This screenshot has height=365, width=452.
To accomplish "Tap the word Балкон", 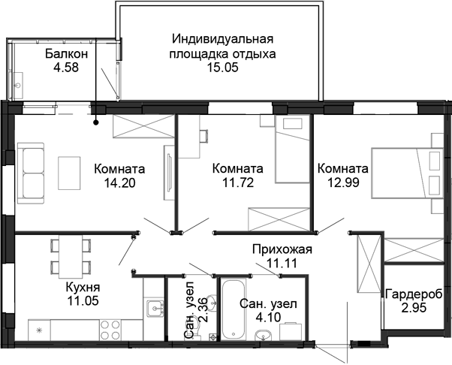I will click(x=67, y=54).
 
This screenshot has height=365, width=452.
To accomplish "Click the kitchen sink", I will click(x=156, y=306).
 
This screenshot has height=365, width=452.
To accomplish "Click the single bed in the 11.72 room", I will click(x=293, y=150).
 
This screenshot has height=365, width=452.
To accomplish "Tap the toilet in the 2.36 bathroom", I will click(x=212, y=305).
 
